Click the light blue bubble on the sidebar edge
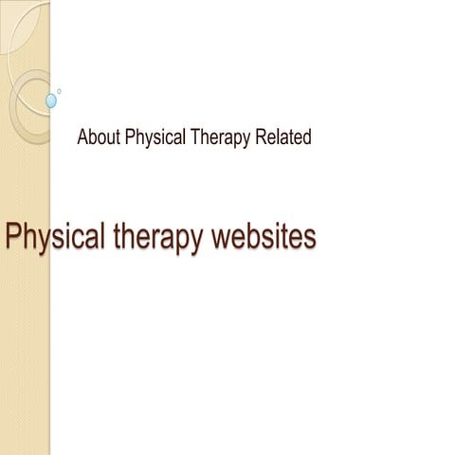51,100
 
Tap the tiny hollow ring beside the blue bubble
59,91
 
